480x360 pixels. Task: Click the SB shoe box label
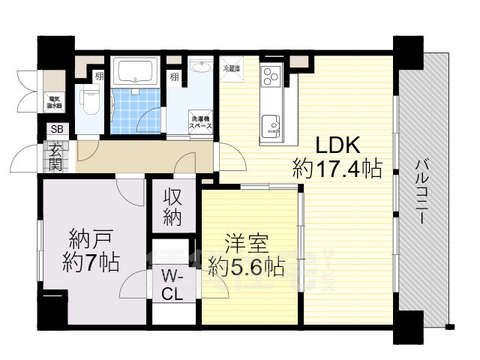57,129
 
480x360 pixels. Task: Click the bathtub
135,73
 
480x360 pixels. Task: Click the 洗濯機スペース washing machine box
200,123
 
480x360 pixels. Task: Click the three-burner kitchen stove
270,76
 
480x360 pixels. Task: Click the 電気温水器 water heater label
55,99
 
